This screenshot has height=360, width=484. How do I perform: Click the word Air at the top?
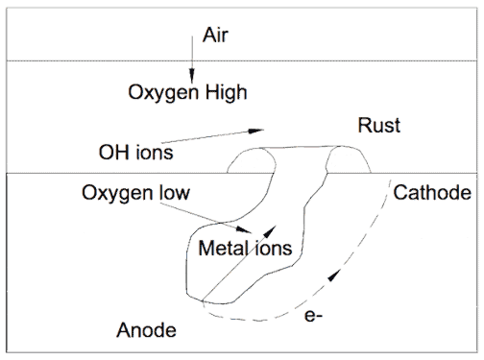[x=216, y=36]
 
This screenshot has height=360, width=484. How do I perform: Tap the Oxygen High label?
[x=187, y=93]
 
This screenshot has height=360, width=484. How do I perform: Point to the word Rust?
[x=378, y=126]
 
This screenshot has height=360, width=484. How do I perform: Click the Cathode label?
[x=432, y=192]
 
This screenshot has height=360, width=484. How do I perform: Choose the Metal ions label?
[x=244, y=249]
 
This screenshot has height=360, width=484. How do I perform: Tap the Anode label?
[x=147, y=331]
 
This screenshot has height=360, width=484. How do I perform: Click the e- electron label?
[x=313, y=316]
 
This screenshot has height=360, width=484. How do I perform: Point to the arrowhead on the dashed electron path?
[x=334, y=275]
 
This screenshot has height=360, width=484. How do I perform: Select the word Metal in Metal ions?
[x=219, y=249]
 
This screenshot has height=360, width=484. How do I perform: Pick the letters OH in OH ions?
[x=112, y=153]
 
